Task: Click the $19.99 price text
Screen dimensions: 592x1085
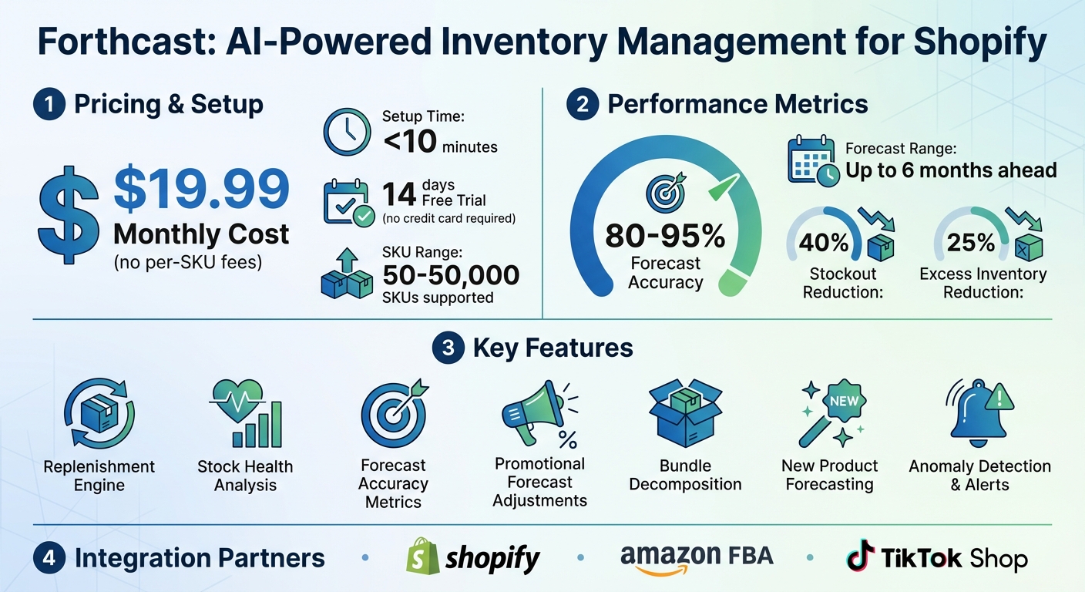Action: (x=202, y=190)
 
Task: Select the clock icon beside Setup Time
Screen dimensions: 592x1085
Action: (x=347, y=133)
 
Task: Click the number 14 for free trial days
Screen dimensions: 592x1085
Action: (x=400, y=195)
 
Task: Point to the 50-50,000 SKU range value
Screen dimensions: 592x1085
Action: (x=451, y=274)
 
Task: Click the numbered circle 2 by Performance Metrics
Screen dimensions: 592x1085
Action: (x=583, y=105)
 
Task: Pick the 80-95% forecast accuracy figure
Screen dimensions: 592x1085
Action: (x=665, y=236)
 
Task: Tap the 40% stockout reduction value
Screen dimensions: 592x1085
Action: (x=823, y=242)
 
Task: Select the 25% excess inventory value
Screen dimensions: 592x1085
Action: (x=971, y=242)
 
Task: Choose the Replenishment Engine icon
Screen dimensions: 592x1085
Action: (x=99, y=414)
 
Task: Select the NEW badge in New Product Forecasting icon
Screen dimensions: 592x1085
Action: (x=843, y=401)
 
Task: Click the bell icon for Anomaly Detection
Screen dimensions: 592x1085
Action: (x=977, y=412)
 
